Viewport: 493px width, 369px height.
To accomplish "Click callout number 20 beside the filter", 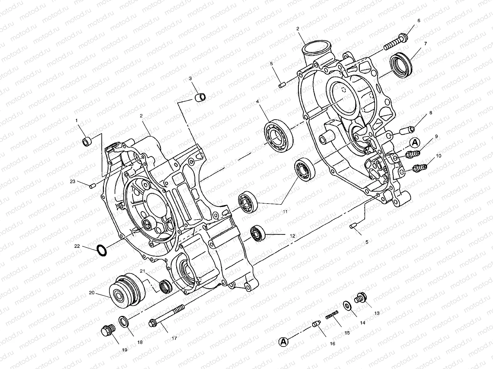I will click(92, 293).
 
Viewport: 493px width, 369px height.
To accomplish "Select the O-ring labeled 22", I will click(102, 250).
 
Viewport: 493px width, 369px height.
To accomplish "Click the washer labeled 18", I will click(124, 322).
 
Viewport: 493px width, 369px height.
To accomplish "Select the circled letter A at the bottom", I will click(283, 341).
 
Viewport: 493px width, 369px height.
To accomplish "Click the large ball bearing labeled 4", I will click(279, 137).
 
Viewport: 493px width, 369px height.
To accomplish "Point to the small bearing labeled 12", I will click(257, 234).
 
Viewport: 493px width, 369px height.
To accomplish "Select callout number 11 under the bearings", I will click(285, 212).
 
